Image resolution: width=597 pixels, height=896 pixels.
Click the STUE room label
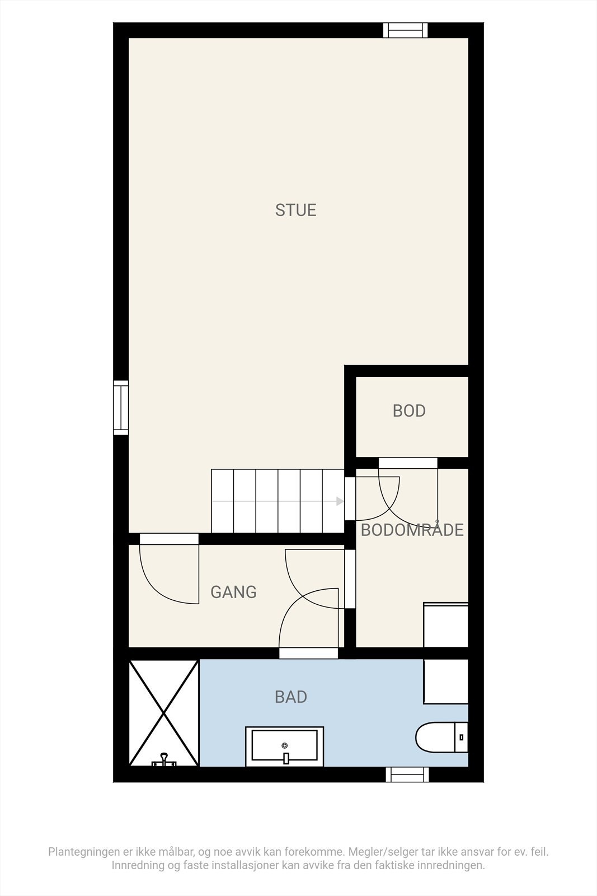pyautogui.click(x=295, y=210)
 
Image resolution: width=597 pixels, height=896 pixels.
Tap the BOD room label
pyautogui.click(x=409, y=411)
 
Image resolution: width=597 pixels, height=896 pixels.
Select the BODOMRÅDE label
pyautogui.click(x=412, y=530)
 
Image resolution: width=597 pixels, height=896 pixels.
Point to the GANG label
pyautogui.click(x=233, y=592)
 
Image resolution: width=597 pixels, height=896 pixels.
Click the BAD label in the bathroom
pyautogui.click(x=291, y=697)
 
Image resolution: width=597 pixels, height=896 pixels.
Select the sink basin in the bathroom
pyautogui.click(x=285, y=746)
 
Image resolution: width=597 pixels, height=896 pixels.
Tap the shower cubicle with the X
pyautogui.click(x=163, y=712)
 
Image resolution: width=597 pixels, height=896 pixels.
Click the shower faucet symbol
pyautogui.click(x=164, y=760)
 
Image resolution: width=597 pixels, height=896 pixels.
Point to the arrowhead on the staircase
pyautogui.click(x=340, y=501)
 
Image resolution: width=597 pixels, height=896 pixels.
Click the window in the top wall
pyautogui.click(x=405, y=30)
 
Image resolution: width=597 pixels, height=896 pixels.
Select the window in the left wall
pyautogui.click(x=121, y=407)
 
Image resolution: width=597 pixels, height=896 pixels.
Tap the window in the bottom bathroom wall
pyautogui.click(x=407, y=774)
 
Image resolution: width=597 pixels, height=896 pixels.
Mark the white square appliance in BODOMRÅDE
pyautogui.click(x=445, y=625)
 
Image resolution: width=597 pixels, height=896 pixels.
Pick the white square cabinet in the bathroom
pyautogui.click(x=445, y=681)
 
